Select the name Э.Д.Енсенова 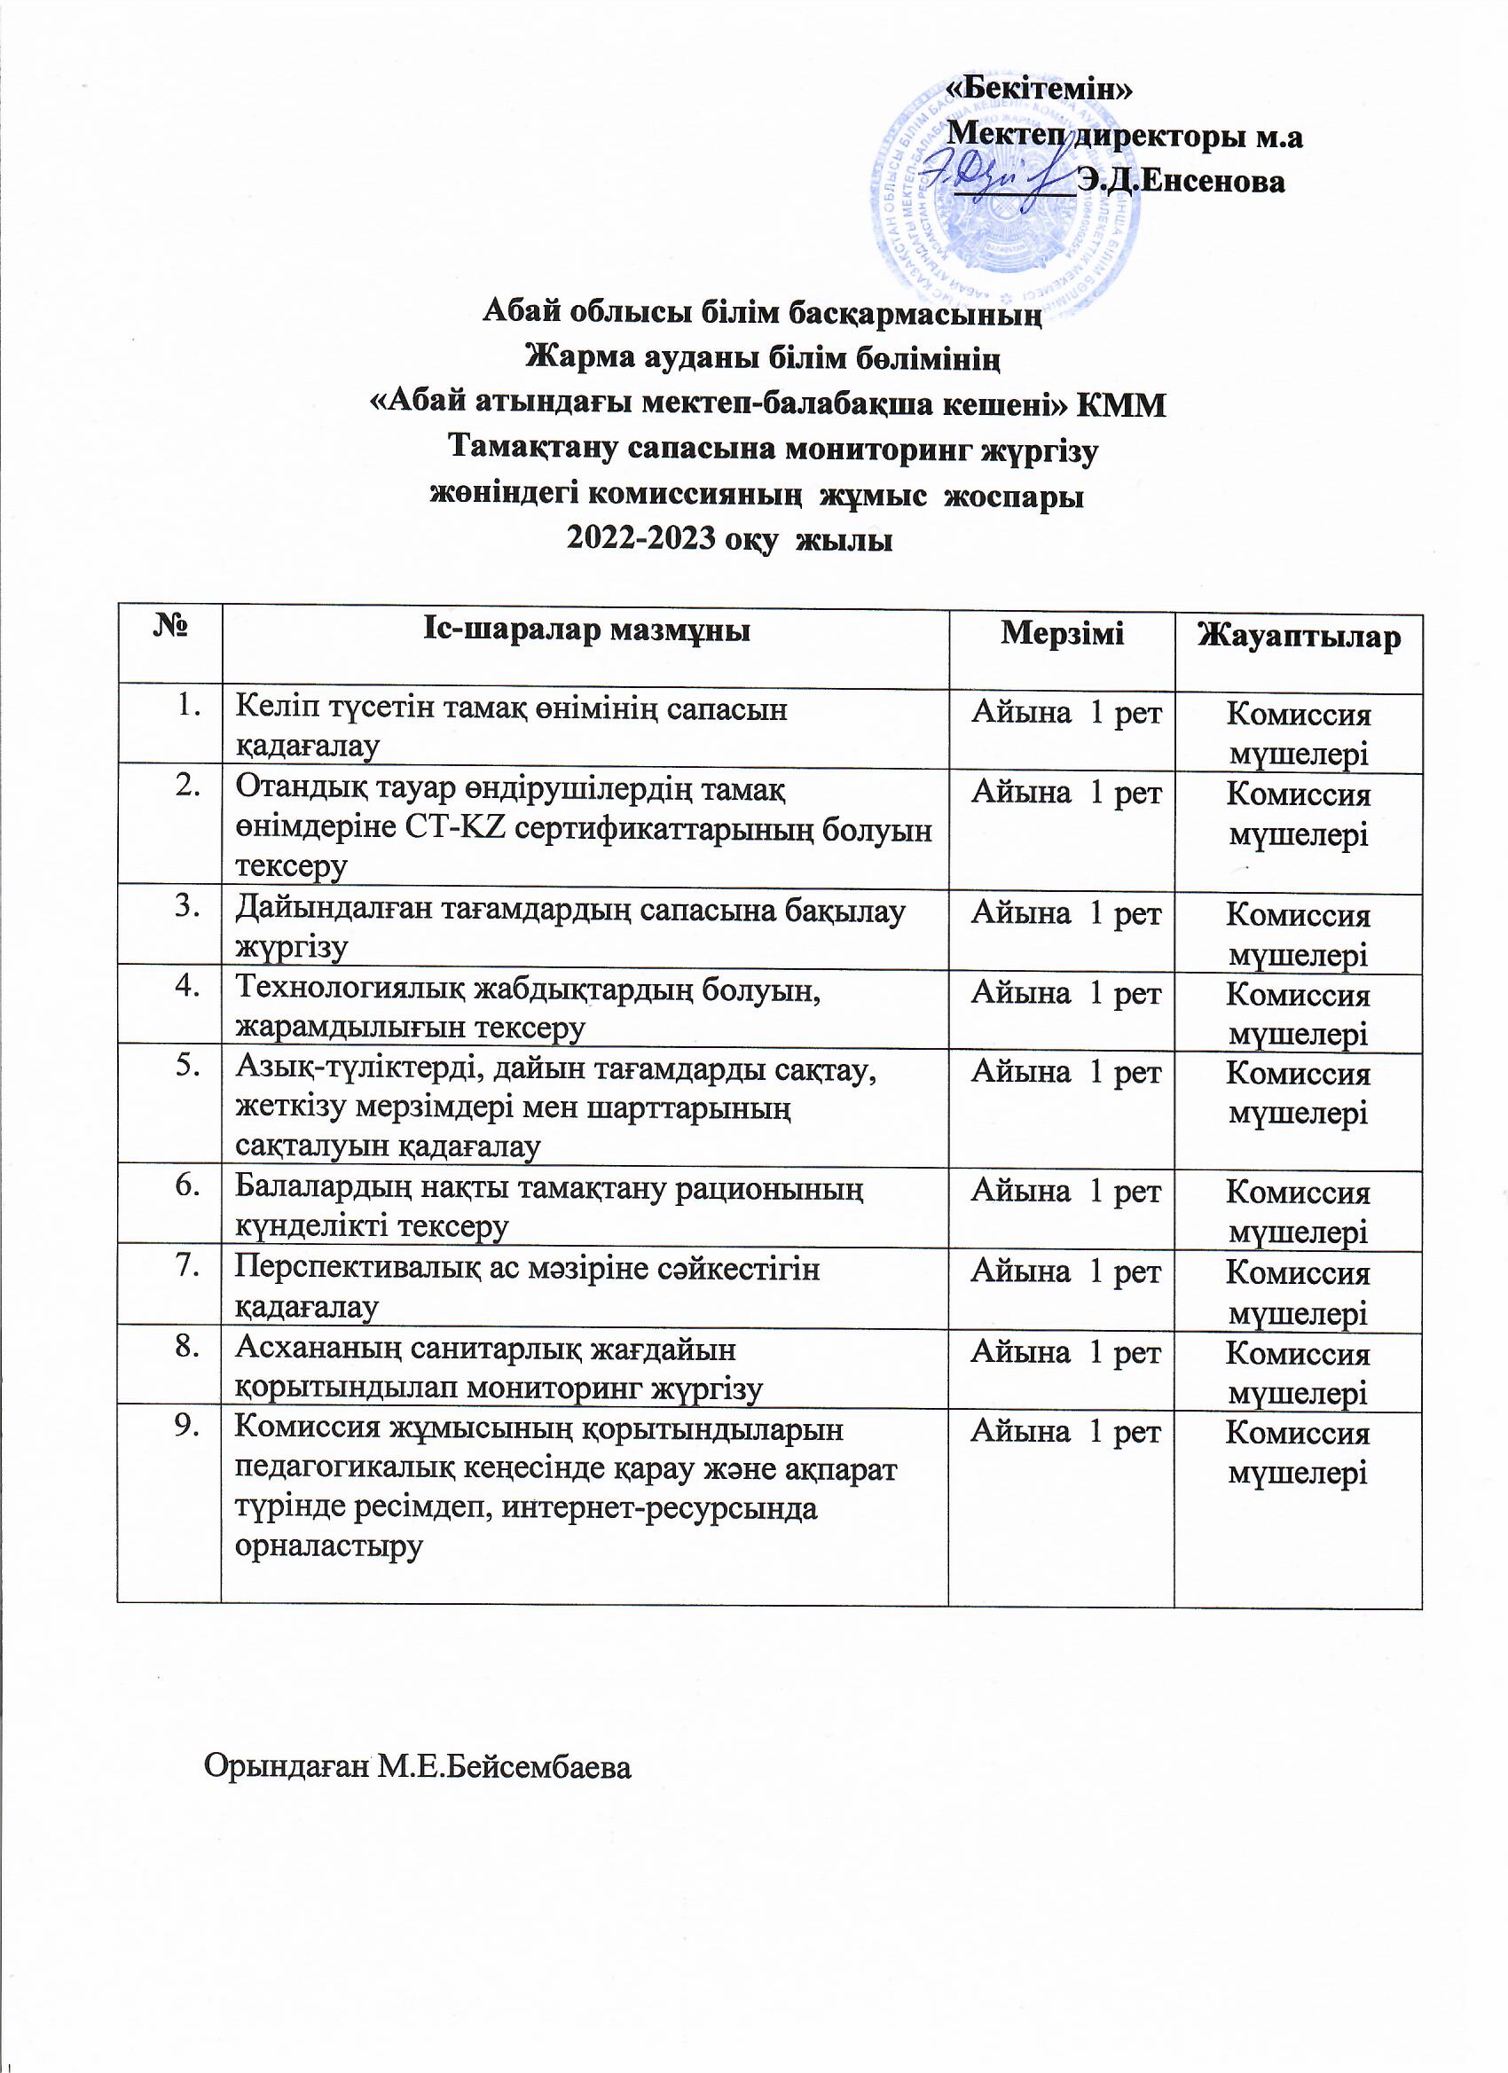(x=1181, y=181)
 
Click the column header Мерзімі (x=1062, y=632)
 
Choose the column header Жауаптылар (x=1299, y=638)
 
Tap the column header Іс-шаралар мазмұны (x=586, y=630)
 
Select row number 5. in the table (x=187, y=1067)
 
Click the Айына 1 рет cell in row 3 (x=1065, y=913)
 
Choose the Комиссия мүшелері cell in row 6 (x=1299, y=1212)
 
